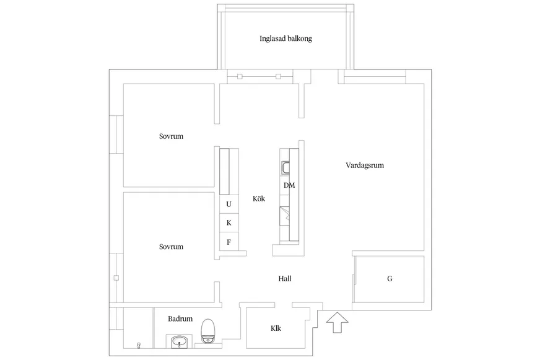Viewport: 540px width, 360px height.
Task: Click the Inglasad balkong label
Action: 286,38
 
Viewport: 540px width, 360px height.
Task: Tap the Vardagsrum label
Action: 365,165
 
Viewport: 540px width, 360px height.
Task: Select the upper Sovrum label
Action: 171,136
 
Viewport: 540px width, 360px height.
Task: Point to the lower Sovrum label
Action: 171,247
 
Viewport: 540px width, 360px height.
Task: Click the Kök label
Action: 259,198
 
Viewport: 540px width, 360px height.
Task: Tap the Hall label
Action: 285,279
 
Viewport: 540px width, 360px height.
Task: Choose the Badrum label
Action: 180,318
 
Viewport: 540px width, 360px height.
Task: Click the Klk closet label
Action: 276,328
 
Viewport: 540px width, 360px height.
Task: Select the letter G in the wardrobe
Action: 390,279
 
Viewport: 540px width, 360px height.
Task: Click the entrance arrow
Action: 337,322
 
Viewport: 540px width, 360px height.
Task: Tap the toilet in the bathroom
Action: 207,331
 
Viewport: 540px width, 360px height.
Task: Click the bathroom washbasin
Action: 179,342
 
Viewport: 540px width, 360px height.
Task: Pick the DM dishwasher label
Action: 289,185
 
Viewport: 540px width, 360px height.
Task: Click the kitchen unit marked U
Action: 229,204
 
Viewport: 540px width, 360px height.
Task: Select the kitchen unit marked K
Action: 229,223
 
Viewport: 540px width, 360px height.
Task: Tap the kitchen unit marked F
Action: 229,242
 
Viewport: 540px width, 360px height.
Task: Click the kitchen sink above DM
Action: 285,167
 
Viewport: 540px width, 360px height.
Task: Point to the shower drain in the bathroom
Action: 139,345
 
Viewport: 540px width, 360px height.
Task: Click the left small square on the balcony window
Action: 240,76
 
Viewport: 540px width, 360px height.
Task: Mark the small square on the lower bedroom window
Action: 116,278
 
